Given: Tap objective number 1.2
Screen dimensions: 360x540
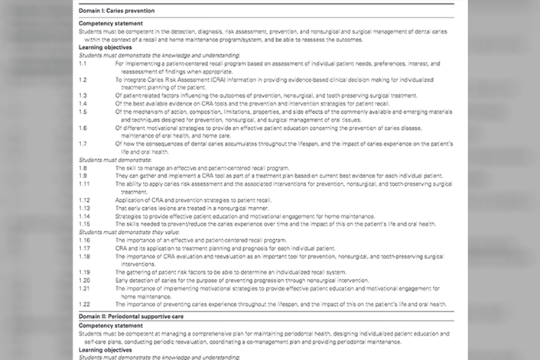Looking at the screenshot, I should coord(83,79).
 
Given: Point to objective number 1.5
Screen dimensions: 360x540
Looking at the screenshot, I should coord(83,110).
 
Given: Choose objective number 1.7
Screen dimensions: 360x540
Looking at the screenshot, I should coord(83,142).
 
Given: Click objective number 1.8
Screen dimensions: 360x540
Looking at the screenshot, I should coord(83,166).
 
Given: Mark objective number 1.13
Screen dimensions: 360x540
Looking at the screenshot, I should coord(84,208).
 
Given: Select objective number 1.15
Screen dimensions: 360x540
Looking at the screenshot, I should coord(84,224).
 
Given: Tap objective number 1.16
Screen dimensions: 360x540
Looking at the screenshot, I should coord(84,240).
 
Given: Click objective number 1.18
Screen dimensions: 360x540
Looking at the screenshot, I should coord(84,256).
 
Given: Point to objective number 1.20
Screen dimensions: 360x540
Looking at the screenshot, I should coord(84,280).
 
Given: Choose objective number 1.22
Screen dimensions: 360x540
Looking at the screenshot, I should coord(84,303).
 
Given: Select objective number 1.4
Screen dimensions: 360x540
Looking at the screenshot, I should coord(83,102).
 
